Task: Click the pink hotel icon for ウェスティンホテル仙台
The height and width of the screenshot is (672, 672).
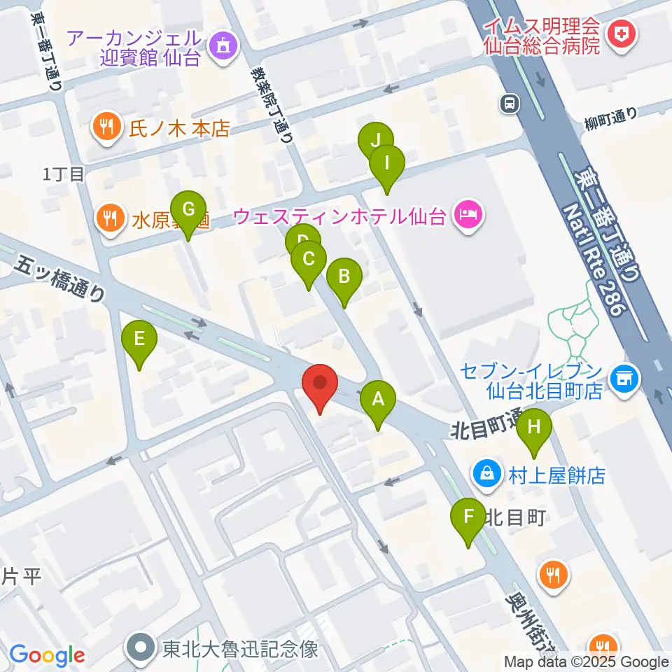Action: click(x=467, y=215)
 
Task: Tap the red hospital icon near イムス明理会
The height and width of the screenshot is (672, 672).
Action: click(x=619, y=33)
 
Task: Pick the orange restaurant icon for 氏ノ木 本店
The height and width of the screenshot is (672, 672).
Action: click(x=106, y=128)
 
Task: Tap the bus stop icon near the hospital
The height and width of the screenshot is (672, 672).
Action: click(x=509, y=104)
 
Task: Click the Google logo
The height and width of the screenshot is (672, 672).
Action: click(x=48, y=655)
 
